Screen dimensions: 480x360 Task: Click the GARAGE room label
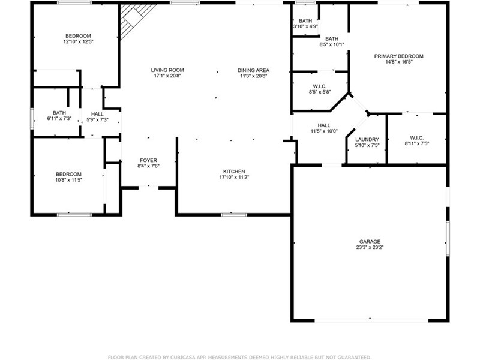pos(370,242)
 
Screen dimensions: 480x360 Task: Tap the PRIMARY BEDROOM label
pos(398,56)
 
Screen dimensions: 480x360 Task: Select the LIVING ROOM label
pos(167,70)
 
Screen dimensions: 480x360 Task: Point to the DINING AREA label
pos(253,70)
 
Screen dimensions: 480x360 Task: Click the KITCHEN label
pos(234,172)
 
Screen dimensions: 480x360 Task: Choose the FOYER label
pos(148,160)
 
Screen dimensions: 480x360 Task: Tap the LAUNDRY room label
pos(367,139)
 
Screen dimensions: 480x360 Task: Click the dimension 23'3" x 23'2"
pos(370,247)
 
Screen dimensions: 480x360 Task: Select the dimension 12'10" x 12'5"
pos(78,41)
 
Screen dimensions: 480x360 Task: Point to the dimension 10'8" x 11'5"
pos(68,180)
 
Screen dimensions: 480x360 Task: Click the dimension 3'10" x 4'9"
pos(305,26)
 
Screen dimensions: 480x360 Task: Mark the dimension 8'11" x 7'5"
pos(417,143)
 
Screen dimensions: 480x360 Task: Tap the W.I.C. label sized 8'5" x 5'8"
pos(320,86)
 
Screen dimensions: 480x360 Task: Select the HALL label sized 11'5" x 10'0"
pos(324,125)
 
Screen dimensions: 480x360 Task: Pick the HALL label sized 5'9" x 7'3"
pos(97,114)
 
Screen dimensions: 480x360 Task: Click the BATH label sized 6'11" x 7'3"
pos(59,113)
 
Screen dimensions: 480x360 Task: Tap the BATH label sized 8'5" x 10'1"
pos(332,39)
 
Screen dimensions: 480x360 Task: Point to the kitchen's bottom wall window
pos(234,215)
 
